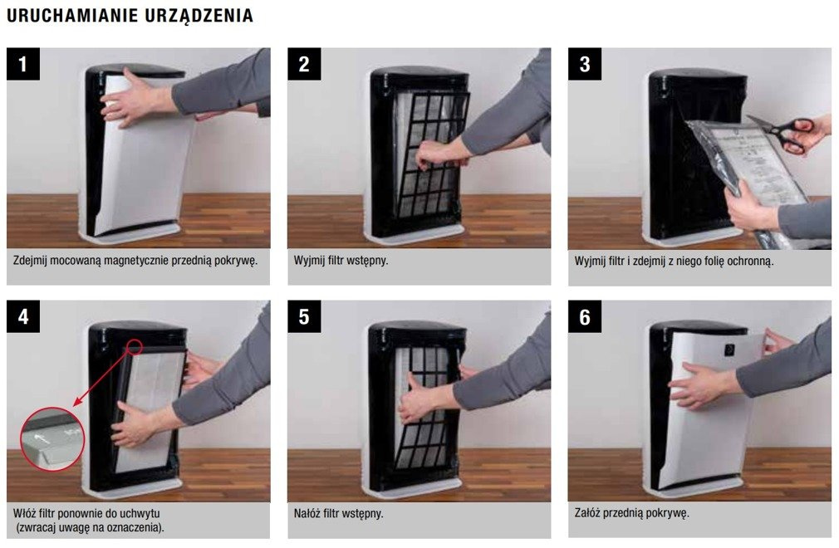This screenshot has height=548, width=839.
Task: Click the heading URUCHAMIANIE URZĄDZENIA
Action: (x=130, y=16)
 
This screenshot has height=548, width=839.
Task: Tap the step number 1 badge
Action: (x=23, y=64)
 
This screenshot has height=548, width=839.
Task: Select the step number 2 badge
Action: (x=304, y=64)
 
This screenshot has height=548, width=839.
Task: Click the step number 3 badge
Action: (x=584, y=64)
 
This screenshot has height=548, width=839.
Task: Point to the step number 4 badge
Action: (x=23, y=316)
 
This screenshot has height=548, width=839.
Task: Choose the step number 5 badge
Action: (x=304, y=316)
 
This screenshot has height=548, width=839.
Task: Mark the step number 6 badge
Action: (x=584, y=316)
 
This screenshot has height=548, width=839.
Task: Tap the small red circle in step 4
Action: (x=135, y=346)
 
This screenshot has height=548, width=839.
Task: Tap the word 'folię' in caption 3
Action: (x=710, y=262)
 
